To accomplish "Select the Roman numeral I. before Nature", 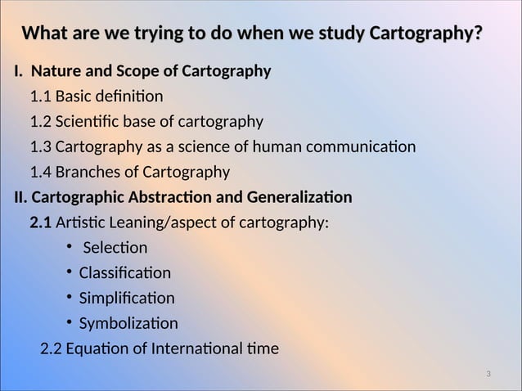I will pyautogui.click(x=17, y=72).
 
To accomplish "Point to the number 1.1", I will pyautogui.click(x=41, y=97).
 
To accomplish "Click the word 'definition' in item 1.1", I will pyautogui.click(x=132, y=97).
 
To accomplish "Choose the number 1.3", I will pyautogui.click(x=41, y=147).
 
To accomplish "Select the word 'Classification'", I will pyautogui.click(x=125, y=273).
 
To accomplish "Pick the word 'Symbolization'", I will pyautogui.click(x=128, y=323).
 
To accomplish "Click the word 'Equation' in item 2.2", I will pyautogui.click(x=96, y=349).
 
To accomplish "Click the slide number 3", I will pyautogui.click(x=488, y=375).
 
